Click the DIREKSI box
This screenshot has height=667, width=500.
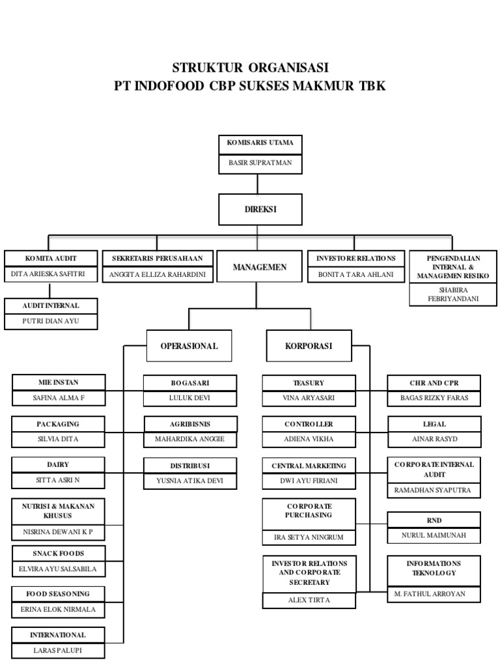pos(260,210)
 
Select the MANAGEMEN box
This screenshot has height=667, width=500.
pos(260,267)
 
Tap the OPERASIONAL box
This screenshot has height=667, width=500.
pos(189,346)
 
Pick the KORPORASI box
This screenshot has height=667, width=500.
pos(309,346)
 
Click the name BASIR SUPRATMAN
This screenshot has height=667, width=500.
pos(260,163)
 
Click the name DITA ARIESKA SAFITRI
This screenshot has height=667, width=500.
pos(49,274)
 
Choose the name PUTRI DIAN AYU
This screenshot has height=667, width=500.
pos(51,321)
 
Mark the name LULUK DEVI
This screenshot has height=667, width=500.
pos(190,398)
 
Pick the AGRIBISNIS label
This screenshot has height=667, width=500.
pos(190,424)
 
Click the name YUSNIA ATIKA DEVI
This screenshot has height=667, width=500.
pos(189,481)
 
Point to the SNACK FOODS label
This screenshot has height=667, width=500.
pos(58,553)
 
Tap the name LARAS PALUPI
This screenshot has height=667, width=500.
pos(58,650)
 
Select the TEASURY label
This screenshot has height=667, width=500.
pos(309,383)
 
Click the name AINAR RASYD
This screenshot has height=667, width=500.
pos(435,438)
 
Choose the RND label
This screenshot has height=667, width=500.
pos(435,520)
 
